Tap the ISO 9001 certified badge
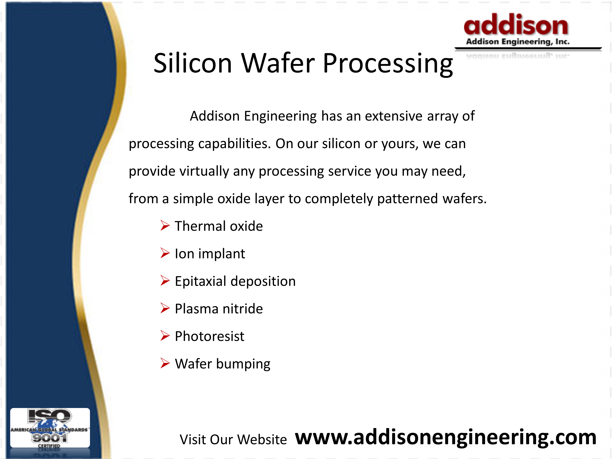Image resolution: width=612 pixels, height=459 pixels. point(50,428)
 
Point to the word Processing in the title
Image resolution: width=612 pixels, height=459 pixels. point(388,64)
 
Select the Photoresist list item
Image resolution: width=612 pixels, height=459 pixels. point(210,336)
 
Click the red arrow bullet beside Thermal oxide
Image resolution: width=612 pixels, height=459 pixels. point(165,225)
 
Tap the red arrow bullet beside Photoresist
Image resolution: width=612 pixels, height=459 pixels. point(165,336)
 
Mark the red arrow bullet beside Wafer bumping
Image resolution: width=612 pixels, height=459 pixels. point(165,363)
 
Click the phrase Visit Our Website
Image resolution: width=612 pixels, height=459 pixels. point(233,440)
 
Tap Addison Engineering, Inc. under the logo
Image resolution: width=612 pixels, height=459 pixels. point(518,42)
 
